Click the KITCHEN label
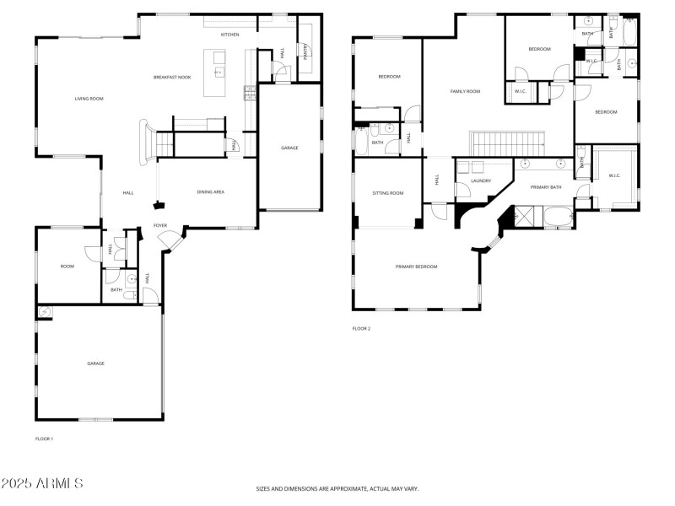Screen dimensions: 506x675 pyautogui.click(x=229, y=35)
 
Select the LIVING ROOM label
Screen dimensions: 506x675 pyautogui.click(x=89, y=99)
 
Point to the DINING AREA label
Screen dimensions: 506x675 pyautogui.click(x=210, y=192)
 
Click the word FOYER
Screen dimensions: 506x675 pyautogui.click(x=160, y=225)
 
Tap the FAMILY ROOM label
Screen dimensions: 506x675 pyautogui.click(x=464, y=91)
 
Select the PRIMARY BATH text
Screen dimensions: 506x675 pyautogui.click(x=545, y=186)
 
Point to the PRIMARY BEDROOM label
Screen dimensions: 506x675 pyautogui.click(x=417, y=266)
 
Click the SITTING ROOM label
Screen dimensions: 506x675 pyautogui.click(x=388, y=193)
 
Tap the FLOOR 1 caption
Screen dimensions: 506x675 pyautogui.click(x=44, y=439)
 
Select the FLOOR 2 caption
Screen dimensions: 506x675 pyautogui.click(x=361, y=329)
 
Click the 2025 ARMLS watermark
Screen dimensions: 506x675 pyautogui.click(x=42, y=483)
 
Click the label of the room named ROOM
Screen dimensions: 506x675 pyautogui.click(x=67, y=266)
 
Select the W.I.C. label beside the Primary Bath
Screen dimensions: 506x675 pyautogui.click(x=613, y=175)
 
